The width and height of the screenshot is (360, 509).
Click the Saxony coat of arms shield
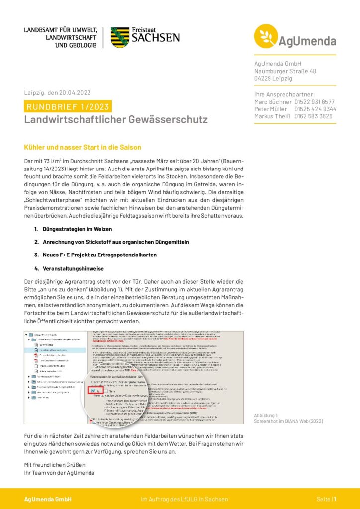coord(120,37)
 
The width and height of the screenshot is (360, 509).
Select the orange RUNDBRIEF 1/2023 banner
coord(68,106)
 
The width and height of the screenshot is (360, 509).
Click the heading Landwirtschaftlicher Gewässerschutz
coord(116,120)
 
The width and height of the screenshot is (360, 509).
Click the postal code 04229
coord(264,79)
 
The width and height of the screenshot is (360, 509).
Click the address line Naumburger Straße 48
coord(285,71)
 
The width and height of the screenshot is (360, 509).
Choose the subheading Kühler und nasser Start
coord(83,147)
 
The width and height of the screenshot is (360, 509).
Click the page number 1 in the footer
coord(335,499)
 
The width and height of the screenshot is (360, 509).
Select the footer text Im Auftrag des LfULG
coord(184,499)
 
